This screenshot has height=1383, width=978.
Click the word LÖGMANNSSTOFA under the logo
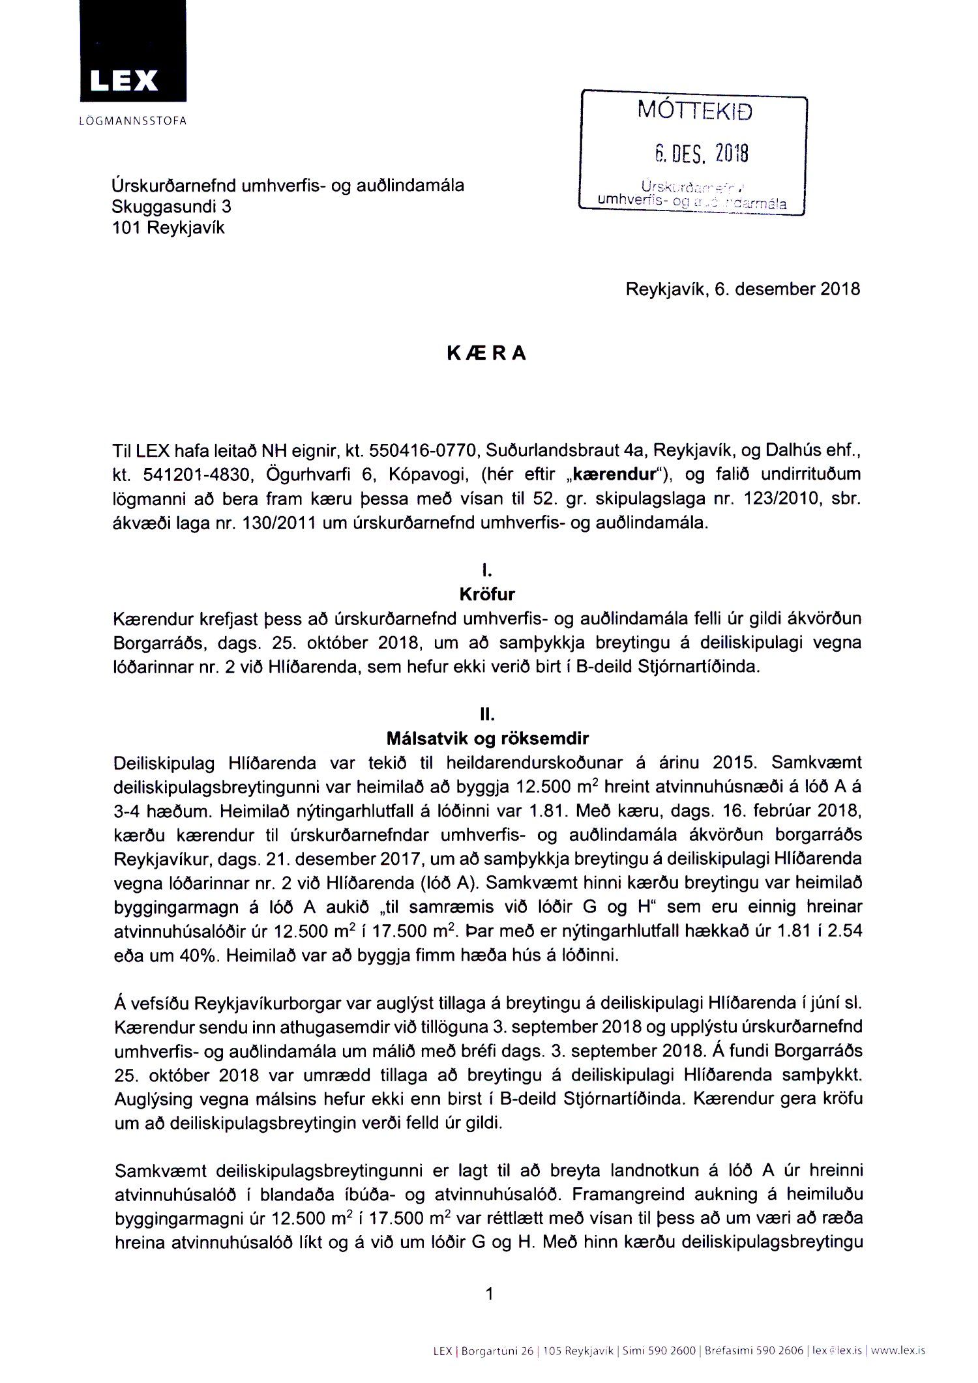pos(132,121)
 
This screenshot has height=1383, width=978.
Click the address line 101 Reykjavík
pos(169,228)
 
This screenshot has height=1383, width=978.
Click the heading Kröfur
pos(486,594)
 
